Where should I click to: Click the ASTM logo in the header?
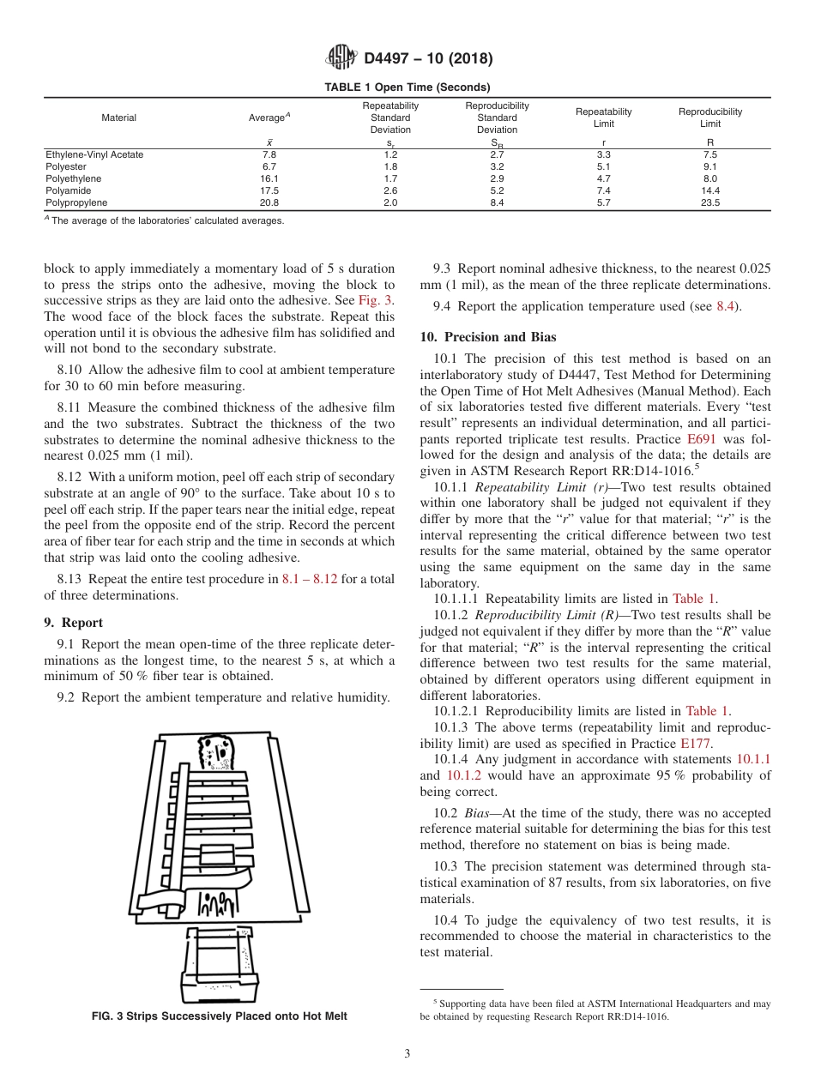[x=342, y=58]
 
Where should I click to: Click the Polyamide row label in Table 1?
[x=68, y=190]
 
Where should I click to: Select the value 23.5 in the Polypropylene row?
[x=710, y=203]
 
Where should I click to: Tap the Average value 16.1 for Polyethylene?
[x=269, y=178]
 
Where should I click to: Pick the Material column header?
[x=118, y=118]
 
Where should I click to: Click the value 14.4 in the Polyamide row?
[x=710, y=190]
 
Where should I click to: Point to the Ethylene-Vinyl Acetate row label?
[x=94, y=154]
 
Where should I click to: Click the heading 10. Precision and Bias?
[x=488, y=337]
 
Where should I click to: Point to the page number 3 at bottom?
[x=407, y=1053]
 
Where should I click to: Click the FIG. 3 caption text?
[x=219, y=1016]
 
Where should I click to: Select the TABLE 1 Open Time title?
[x=407, y=87]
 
